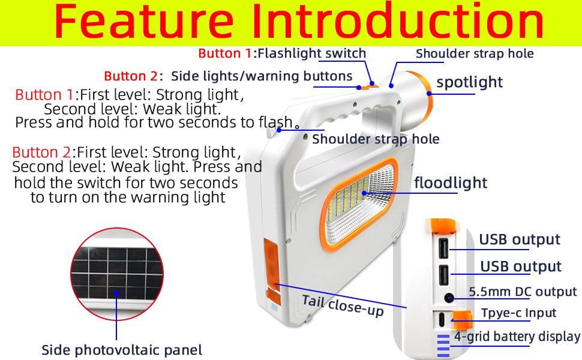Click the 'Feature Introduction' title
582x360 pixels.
click(299, 21)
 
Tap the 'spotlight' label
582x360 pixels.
click(469, 82)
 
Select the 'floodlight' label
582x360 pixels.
click(451, 182)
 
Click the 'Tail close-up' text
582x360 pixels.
click(343, 305)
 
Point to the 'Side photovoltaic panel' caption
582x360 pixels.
click(122, 350)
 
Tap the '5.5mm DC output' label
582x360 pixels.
click(523, 292)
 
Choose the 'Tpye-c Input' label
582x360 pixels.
click(518, 313)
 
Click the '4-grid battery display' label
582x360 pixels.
click(517, 336)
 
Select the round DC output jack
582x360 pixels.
click(449, 298)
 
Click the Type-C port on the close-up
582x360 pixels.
click(442, 320)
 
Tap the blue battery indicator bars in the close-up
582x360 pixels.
click(443, 346)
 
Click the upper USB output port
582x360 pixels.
click(443, 248)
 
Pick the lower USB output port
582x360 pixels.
click(443, 275)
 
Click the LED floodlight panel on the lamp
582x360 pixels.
click(358, 205)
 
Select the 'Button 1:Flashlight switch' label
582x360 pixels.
click(282, 53)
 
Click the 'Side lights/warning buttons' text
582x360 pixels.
click(262, 76)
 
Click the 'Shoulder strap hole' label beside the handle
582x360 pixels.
click(376, 139)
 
